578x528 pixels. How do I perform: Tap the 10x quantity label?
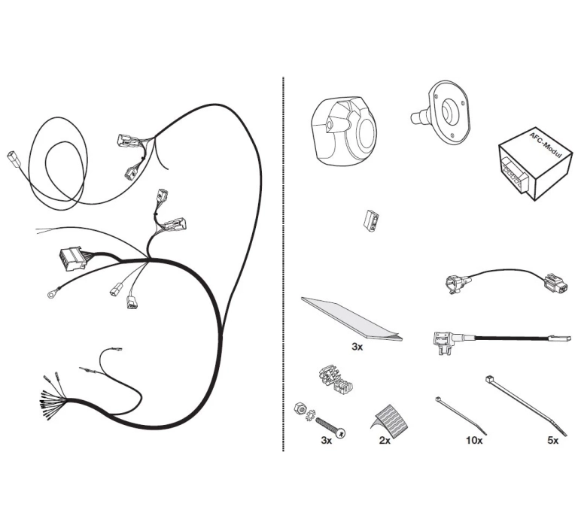pyautogui.click(x=473, y=440)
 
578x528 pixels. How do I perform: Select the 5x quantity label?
pyautogui.click(x=553, y=440)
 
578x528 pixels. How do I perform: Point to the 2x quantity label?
pyautogui.click(x=385, y=440)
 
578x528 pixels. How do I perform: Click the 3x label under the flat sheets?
pyautogui.click(x=357, y=346)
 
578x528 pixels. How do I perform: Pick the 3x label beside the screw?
pyautogui.click(x=326, y=440)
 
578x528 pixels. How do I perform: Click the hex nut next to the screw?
pyautogui.click(x=300, y=408)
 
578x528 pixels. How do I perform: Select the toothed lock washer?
pyautogui.click(x=309, y=415)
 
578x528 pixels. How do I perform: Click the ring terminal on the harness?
pyautogui.click(x=50, y=294)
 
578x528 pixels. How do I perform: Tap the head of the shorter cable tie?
pyautogui.click(x=439, y=400)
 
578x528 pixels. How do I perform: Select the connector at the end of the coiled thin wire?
pyautogui.click(x=12, y=156)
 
